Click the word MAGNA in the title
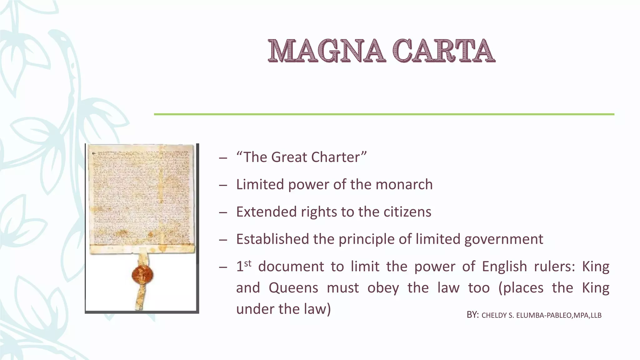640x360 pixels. (325, 51)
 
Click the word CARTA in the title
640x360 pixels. (444, 51)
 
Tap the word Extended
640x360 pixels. (266, 212)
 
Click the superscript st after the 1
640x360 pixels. (247, 263)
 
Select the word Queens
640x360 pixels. (293, 288)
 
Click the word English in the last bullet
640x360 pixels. (504, 267)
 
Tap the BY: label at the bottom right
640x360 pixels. (472, 315)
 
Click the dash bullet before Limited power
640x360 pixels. (223, 185)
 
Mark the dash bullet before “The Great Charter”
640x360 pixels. (223, 158)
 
